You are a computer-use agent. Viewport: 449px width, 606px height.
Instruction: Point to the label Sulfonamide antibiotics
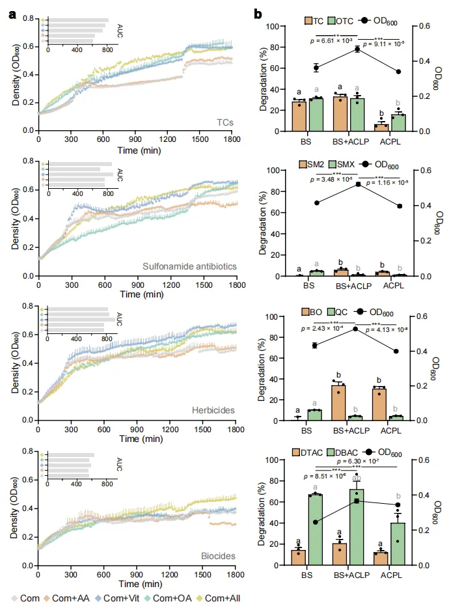tap(189, 267)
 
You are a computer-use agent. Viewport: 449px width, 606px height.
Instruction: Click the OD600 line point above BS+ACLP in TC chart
tap(357, 49)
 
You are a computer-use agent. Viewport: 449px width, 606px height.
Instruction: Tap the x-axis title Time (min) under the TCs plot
tap(137, 141)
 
